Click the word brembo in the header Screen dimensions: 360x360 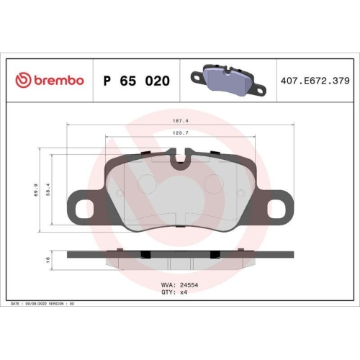58,81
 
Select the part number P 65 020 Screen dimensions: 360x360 137,81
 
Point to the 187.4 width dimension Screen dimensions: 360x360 179,122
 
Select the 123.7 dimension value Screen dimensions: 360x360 179,133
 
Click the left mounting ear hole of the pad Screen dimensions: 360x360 82,208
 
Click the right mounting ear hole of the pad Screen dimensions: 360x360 277,208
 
